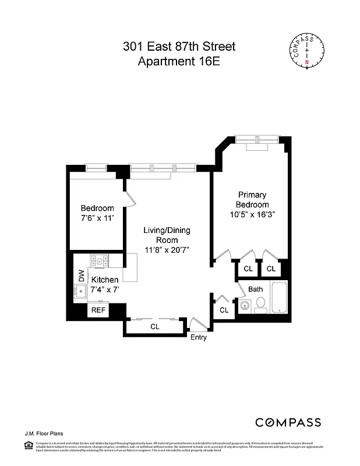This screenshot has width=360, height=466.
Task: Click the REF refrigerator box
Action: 98,310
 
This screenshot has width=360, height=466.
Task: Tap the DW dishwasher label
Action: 82,275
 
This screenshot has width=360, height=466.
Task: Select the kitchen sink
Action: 82,292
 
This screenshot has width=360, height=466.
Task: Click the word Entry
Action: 198,337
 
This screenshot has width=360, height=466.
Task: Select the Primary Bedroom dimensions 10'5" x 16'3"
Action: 252,214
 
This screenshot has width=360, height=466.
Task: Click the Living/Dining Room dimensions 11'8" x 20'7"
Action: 167,250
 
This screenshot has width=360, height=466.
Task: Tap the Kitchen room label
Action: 105,280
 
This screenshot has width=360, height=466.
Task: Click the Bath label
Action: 256,289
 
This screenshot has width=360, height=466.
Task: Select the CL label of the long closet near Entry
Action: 155,327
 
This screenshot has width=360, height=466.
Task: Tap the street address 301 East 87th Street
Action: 179,47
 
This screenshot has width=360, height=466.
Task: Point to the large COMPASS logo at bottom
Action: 288,422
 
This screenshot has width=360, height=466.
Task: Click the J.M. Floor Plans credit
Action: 44,433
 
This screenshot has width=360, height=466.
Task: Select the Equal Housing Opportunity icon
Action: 27,446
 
